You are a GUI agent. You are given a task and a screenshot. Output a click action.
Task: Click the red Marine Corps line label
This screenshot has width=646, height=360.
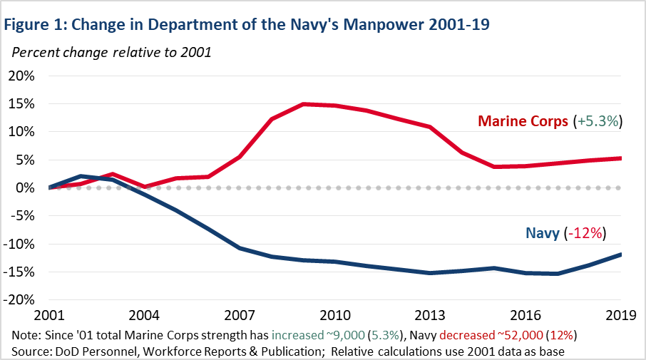[523, 122]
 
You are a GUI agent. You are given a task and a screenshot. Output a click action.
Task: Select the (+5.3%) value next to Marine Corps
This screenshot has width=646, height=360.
[598, 122]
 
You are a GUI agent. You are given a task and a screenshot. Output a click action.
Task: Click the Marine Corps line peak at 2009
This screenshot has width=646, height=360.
[304, 104]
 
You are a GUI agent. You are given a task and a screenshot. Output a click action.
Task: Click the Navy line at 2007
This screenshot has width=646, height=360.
[240, 248]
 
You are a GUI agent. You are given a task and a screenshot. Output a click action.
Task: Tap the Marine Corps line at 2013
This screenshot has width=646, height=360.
[430, 127]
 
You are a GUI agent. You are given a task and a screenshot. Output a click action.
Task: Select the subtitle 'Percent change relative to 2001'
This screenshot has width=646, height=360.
[111, 53]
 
